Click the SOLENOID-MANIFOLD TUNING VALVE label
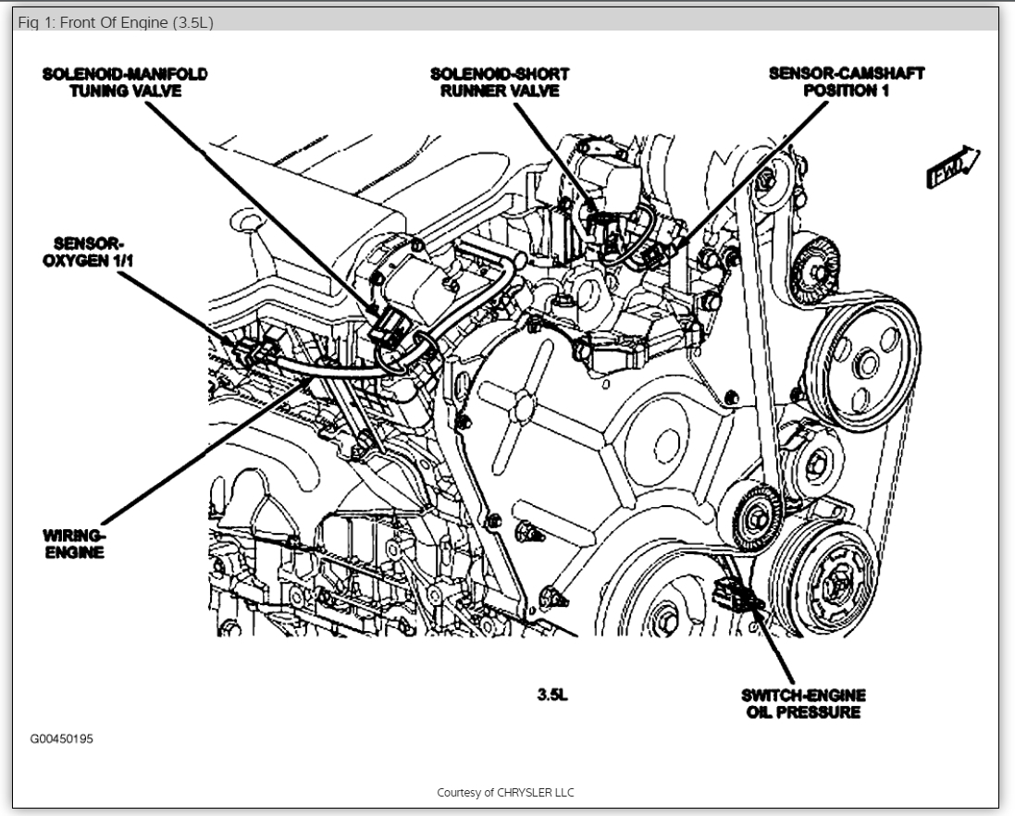tap(125, 82)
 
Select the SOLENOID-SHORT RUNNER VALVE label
tap(500, 82)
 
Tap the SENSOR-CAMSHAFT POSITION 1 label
tap(846, 82)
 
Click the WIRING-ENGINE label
tap(73, 543)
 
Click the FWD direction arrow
tap(954, 168)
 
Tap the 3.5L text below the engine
tap(552, 695)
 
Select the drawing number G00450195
tap(62, 739)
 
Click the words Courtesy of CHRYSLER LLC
tap(506, 793)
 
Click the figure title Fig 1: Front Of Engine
tap(116, 23)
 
